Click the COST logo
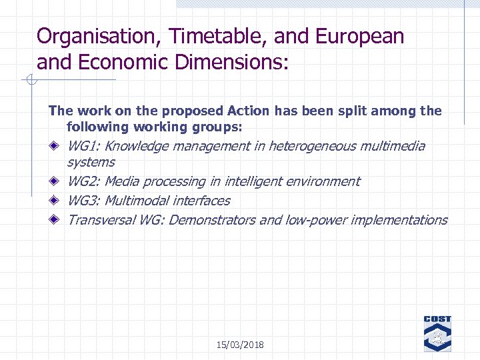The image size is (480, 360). tap(437, 333)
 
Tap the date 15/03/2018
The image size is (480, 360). tap(240, 345)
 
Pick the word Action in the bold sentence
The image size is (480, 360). tap(248, 111)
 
